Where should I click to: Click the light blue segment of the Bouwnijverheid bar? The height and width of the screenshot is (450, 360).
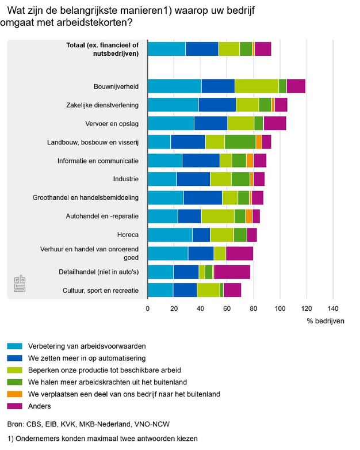[x=174, y=86]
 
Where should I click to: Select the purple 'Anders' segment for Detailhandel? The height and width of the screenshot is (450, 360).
[x=232, y=272]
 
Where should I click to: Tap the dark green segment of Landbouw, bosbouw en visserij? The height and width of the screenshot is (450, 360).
[x=240, y=142]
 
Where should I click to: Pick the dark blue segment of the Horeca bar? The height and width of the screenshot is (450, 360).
[x=201, y=235]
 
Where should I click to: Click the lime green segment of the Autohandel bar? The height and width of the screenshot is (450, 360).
[x=217, y=216]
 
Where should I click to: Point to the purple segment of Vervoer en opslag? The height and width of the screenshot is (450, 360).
[x=274, y=123]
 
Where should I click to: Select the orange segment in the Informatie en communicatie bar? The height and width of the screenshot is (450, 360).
[x=250, y=161]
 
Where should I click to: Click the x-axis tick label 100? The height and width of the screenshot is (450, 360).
[x=280, y=308]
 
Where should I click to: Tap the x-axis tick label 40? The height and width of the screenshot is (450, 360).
[x=201, y=308]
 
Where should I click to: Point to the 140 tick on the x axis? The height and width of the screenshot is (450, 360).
[x=332, y=308]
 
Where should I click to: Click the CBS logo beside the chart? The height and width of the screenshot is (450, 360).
[x=21, y=284]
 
